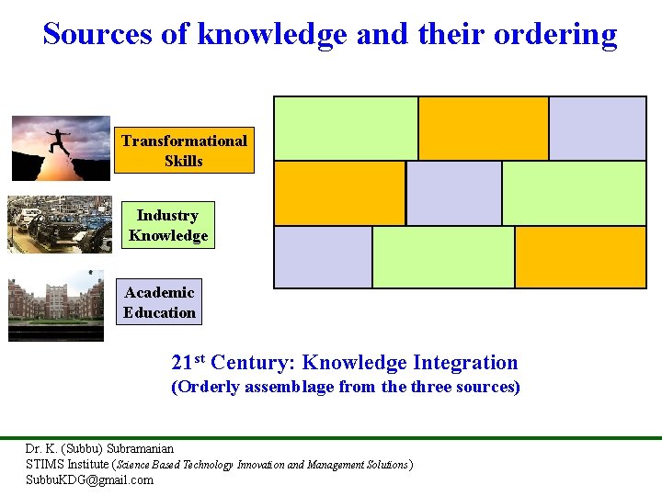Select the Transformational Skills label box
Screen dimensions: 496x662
pos(184,151)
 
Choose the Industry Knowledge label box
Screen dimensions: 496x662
pos(168,225)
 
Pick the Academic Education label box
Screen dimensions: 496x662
pos(160,302)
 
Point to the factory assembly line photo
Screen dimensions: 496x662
pos(60,224)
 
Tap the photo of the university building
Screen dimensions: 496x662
pos(56,306)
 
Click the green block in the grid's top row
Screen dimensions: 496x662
pos(346,129)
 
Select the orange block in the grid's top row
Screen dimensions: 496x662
pos(483,129)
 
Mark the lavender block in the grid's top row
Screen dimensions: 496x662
pos(598,129)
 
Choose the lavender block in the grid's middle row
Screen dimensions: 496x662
pos(454,193)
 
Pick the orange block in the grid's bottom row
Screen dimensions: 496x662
pos(580,257)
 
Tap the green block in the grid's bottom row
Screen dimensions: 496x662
pos(443,257)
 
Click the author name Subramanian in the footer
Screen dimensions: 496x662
pos(140,449)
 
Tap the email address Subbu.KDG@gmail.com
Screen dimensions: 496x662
pos(89,479)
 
